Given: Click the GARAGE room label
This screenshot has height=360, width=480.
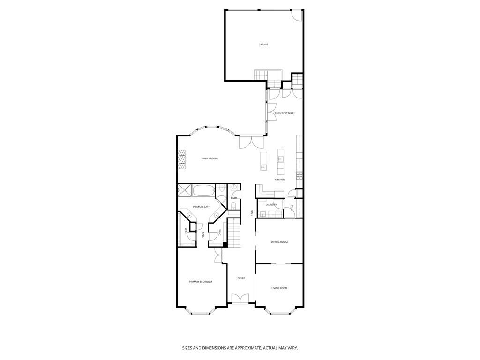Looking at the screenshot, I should coord(263,45).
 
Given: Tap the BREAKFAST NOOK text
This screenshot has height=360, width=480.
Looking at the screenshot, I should coord(285,113).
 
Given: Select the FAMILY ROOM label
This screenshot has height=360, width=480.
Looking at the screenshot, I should coord(210,158).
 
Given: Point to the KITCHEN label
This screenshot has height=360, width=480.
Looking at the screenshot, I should coord(280,180).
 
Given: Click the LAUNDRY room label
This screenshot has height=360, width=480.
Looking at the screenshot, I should coord(271,205).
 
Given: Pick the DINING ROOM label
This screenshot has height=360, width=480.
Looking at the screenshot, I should coord(279,242).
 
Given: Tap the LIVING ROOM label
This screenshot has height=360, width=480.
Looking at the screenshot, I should coord(279,288).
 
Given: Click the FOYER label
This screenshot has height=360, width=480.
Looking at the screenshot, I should coord(241,278).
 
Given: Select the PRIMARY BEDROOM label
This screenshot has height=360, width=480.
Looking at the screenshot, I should coord(200,282).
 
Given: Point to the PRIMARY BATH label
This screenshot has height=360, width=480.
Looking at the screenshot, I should coord(201,207).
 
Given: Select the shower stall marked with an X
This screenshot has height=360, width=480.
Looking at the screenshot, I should coord(184,190).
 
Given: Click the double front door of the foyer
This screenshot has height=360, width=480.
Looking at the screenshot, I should coord(239,299).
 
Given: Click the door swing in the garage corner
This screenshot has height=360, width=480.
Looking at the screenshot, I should coord(297,15).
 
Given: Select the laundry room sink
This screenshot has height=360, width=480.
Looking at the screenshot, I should coord(263,214).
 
